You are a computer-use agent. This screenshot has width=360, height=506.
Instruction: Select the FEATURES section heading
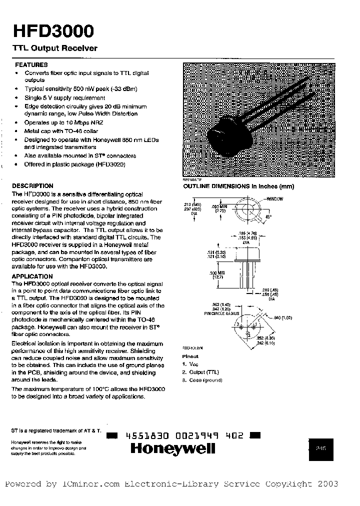tap(31, 64)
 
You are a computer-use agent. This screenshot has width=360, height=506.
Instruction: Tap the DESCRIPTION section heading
tap(32, 185)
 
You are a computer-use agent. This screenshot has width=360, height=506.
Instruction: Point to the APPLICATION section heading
tap(32, 276)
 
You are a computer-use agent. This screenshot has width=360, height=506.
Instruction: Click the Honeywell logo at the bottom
tap(172, 448)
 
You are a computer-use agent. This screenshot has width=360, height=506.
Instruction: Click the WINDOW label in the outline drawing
tap(274, 198)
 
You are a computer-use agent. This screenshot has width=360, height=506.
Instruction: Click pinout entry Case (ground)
tap(202, 380)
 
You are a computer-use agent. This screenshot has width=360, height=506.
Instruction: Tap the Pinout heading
tap(190, 356)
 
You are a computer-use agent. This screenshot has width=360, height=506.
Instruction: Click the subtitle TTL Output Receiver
tap(54, 48)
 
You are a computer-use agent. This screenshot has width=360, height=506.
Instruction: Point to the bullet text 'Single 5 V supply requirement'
tap(65, 98)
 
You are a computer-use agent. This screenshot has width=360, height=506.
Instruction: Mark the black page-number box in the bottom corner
tap(320, 449)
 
